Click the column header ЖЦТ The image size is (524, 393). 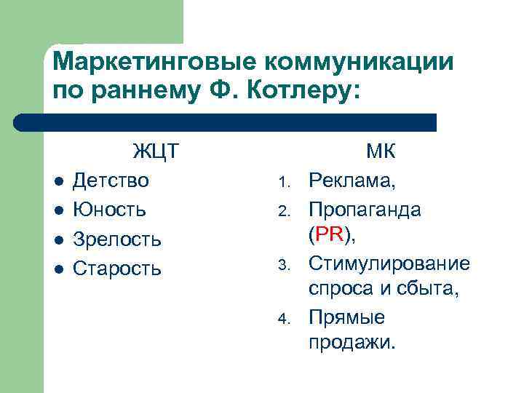click(156, 152)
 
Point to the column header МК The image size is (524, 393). click(381, 152)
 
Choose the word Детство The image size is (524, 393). click(111, 180)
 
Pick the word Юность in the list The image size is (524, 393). click(110, 210)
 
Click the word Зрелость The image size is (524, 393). click(117, 239)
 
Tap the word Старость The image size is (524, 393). click(117, 269)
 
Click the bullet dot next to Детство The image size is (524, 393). click(60, 181)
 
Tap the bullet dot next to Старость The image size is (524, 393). click(60, 269)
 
